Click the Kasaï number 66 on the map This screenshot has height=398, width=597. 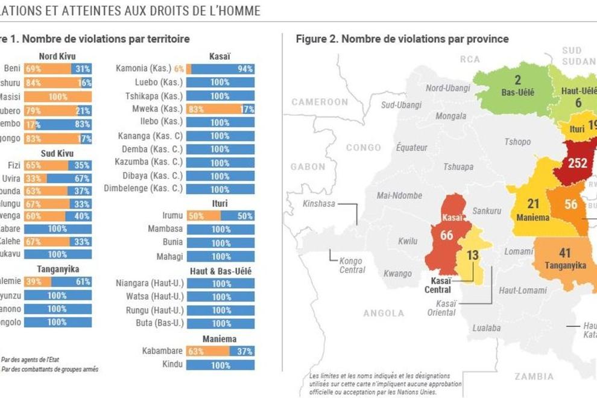point(446,235)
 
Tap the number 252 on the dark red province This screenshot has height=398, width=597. point(577,163)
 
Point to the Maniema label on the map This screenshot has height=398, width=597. point(533,217)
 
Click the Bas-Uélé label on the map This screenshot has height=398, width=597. point(518,92)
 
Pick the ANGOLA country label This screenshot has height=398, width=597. point(384,313)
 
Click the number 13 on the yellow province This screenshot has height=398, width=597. point(473,255)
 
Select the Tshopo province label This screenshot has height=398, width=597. point(518,142)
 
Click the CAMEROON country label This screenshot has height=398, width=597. point(320,102)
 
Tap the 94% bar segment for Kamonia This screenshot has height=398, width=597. point(223,69)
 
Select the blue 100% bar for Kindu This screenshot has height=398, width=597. point(220,365)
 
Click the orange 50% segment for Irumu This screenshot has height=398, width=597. point(203,216)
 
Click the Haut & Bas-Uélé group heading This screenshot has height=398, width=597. point(220,271)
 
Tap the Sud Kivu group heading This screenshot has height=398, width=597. point(57,153)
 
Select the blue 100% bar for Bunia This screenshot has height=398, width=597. point(220,243)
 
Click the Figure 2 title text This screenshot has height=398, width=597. point(402,39)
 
